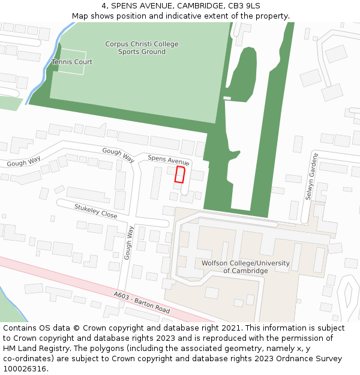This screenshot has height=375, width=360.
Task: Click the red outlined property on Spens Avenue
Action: (x=179, y=174)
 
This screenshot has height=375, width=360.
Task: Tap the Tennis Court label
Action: (x=72, y=62)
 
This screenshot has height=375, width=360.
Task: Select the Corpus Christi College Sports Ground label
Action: (x=142, y=48)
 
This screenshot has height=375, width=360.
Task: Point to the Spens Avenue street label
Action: (x=169, y=160)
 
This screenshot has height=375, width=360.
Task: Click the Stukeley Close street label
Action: (x=96, y=211)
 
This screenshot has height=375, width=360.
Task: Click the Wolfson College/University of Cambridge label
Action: (x=245, y=267)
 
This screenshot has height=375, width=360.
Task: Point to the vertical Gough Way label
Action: (x=128, y=242)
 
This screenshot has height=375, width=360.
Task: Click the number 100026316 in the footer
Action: (x=25, y=368)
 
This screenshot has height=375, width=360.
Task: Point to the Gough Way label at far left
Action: (x=24, y=162)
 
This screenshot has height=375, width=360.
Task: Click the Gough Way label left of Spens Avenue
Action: (x=118, y=155)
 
